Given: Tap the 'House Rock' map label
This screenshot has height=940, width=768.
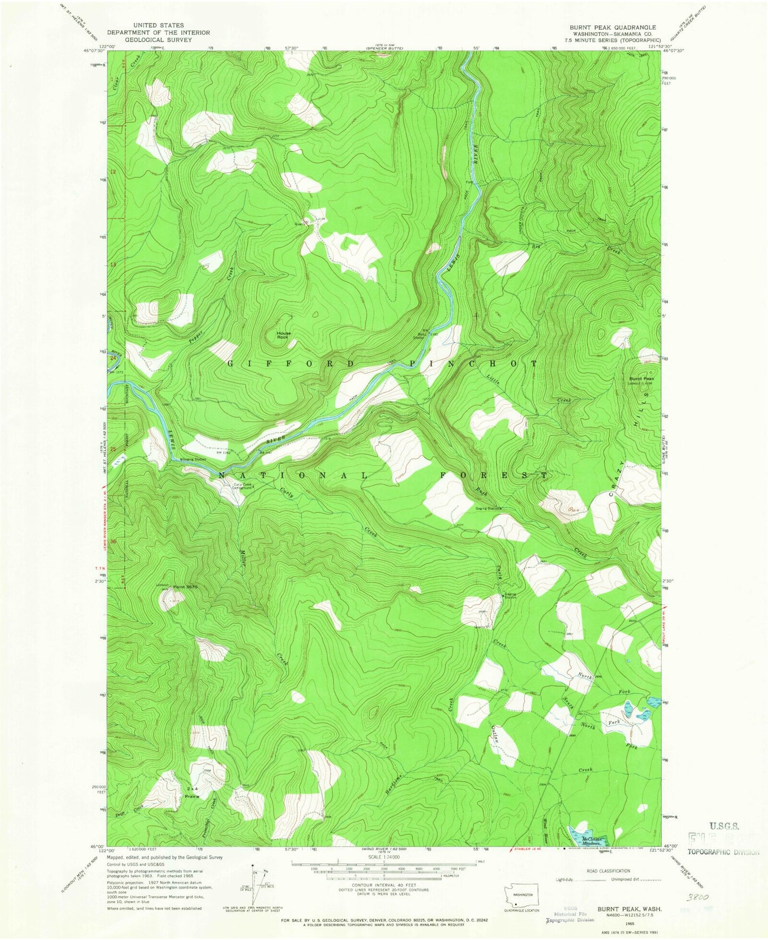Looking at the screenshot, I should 283,335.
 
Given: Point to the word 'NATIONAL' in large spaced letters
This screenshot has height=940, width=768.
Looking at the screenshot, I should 292,475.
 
